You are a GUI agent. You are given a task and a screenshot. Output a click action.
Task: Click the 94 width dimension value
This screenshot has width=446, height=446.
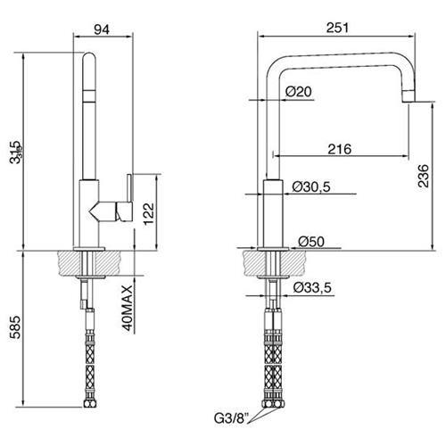[x=102, y=29]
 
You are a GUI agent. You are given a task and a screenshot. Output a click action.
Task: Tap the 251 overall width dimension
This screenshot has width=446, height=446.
[x=337, y=28]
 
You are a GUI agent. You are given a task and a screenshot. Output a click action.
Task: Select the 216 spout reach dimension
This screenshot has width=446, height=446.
[x=340, y=149]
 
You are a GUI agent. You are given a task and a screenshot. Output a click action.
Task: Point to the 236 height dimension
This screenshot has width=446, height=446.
[x=424, y=176]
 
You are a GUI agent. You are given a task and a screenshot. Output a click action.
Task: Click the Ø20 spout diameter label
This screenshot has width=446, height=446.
[x=299, y=92]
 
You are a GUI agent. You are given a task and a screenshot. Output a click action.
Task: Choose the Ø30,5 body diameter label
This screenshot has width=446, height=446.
[x=311, y=186]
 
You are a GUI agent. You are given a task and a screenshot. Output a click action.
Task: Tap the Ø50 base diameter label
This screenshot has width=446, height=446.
[x=311, y=241]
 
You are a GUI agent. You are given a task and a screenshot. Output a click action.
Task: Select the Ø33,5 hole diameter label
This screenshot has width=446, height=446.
[x=312, y=287]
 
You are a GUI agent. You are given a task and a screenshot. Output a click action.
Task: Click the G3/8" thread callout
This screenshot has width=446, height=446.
[x=231, y=418]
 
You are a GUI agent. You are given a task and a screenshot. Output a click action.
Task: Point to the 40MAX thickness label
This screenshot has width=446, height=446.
[x=128, y=308]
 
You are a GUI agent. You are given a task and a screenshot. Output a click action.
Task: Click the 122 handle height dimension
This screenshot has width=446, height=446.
[x=149, y=214]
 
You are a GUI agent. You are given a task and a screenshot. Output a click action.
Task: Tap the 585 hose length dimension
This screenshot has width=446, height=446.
[x=15, y=327]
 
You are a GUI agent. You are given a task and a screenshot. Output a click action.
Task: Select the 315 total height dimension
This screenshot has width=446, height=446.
[x=15, y=153]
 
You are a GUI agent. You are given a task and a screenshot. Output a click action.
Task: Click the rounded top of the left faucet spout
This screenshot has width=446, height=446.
[x=89, y=56]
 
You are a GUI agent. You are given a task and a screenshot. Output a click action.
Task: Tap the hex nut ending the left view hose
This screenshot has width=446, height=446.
[x=89, y=404]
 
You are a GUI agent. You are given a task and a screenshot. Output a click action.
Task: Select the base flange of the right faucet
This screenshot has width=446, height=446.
[x=273, y=249]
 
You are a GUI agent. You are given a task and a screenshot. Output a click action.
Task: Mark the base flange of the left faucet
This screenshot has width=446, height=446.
[x=89, y=249]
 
